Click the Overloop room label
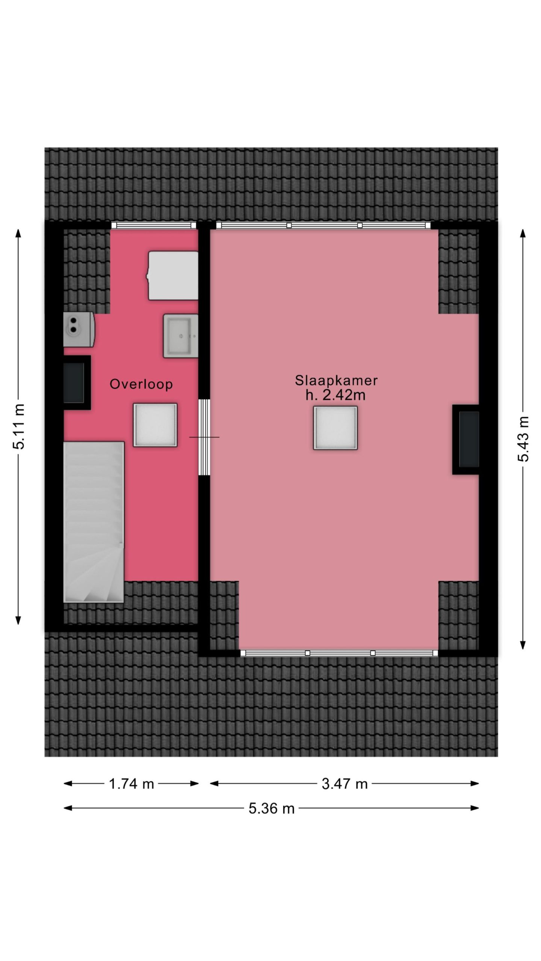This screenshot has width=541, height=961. [x=141, y=384]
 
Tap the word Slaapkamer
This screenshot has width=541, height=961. [x=336, y=381]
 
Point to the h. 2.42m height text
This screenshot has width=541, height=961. [x=335, y=395]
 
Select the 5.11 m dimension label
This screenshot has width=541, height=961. [x=18, y=426]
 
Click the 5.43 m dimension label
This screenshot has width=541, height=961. [x=523, y=439]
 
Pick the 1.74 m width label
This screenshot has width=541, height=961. [x=131, y=784]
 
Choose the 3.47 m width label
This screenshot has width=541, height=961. [x=345, y=784]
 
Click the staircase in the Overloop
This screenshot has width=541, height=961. [x=94, y=522]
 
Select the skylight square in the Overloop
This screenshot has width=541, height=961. [x=155, y=425]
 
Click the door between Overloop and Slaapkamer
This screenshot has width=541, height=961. [x=204, y=437]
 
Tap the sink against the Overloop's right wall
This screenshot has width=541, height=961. [x=181, y=336]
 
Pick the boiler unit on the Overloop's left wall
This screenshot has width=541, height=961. [x=79, y=329]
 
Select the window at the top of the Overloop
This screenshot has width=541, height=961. [x=154, y=225]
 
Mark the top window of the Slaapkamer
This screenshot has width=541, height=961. [x=323, y=225]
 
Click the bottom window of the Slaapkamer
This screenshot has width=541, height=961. [x=339, y=653]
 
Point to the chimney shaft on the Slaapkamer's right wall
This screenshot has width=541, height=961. [x=466, y=440]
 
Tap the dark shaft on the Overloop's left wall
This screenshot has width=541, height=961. [x=77, y=383]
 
